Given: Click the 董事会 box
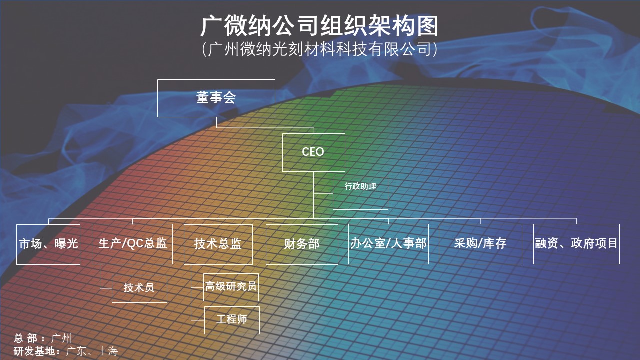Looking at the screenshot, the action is pos(216,98).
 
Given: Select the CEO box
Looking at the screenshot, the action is pos(313,152).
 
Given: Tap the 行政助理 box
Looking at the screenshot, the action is pos(360,193).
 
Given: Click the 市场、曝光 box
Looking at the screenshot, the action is pos(48,244).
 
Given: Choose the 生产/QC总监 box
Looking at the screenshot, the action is pos(132,244).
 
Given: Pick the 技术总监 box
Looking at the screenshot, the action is pos(218,244).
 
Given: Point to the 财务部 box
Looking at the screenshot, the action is pos(302,244).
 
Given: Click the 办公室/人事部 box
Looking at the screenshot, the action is pos(388,244).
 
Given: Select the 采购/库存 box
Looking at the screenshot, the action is pos(480,244).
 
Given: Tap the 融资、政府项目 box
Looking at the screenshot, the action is pos(576,244).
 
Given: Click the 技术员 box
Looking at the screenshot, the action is pos(139,289).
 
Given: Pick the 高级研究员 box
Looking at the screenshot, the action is pos(231,287).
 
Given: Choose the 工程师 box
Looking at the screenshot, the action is pos(232,320).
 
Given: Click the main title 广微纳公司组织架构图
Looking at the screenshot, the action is pos(319,26).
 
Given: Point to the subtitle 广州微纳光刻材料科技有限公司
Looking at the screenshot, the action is pos(319,49).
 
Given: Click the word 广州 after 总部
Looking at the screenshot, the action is pos(61,338).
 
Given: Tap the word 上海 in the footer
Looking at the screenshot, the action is pos(108,351).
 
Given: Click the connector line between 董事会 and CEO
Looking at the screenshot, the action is pos(265,128).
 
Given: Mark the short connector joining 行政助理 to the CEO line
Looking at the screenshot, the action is pos(323,193).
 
